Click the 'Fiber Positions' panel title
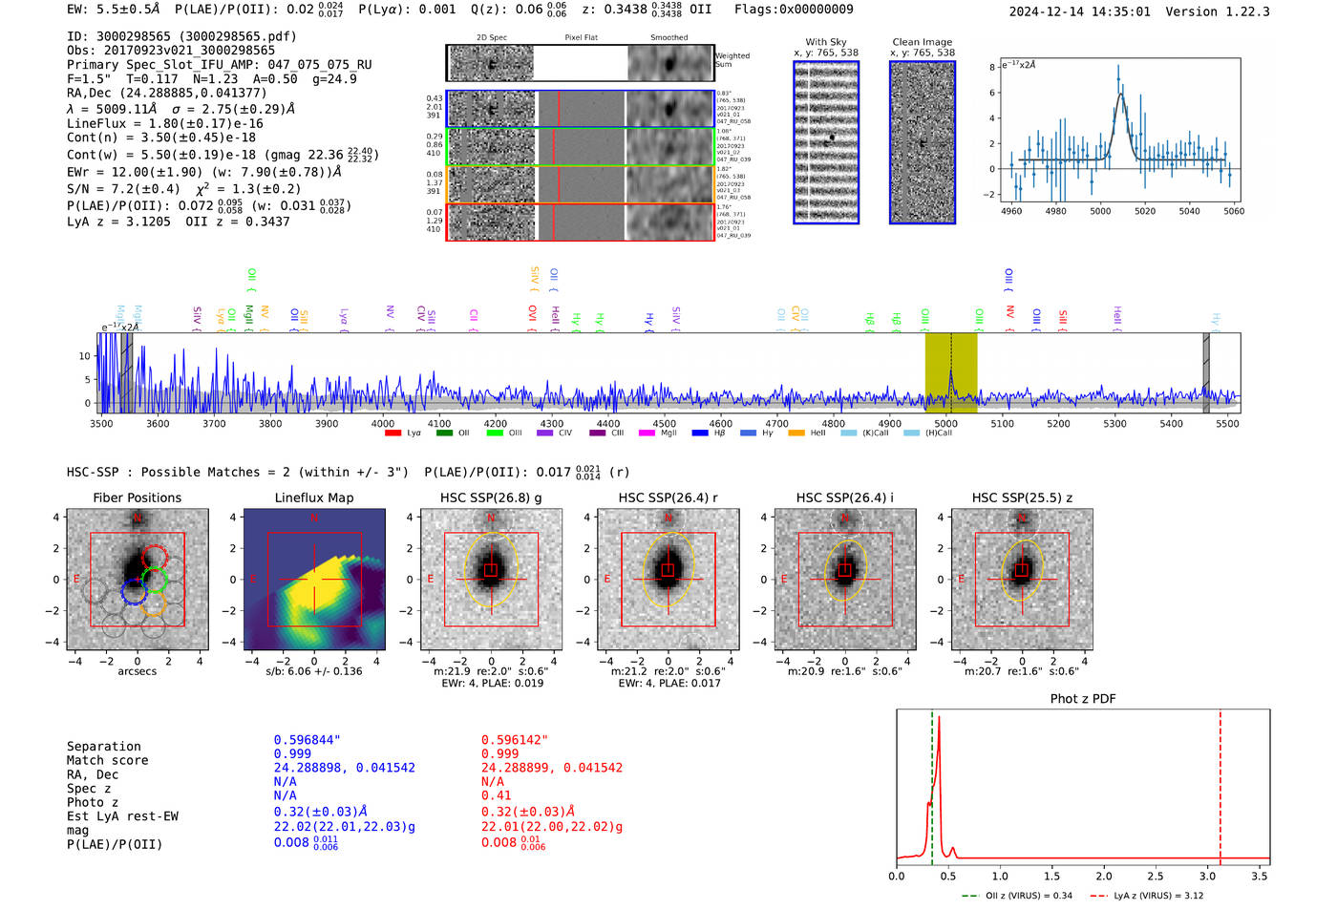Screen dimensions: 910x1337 tap(137, 497)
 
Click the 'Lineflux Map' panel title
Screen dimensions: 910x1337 tap(313, 497)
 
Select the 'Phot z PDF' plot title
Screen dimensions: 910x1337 tap(1082, 699)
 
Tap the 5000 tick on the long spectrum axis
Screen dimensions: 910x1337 tap(945, 424)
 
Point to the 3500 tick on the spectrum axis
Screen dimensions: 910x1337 tap(101, 424)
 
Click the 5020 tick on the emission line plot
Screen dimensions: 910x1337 tap(1144, 211)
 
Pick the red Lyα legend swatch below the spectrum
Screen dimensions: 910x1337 tap(393, 434)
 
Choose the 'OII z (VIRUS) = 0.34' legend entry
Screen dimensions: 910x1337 tap(1017, 896)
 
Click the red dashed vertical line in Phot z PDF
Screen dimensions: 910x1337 tap(1220, 783)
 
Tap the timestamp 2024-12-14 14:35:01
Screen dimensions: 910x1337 tap(1079, 12)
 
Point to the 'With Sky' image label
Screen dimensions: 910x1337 tap(825, 42)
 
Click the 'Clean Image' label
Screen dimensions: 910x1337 tap(922, 42)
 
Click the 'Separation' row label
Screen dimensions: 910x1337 tap(103, 747)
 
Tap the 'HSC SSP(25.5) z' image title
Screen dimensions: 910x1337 tap(1022, 497)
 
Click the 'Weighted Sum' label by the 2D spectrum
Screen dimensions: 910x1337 tap(732, 60)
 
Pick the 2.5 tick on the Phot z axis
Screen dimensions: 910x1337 tap(1156, 876)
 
